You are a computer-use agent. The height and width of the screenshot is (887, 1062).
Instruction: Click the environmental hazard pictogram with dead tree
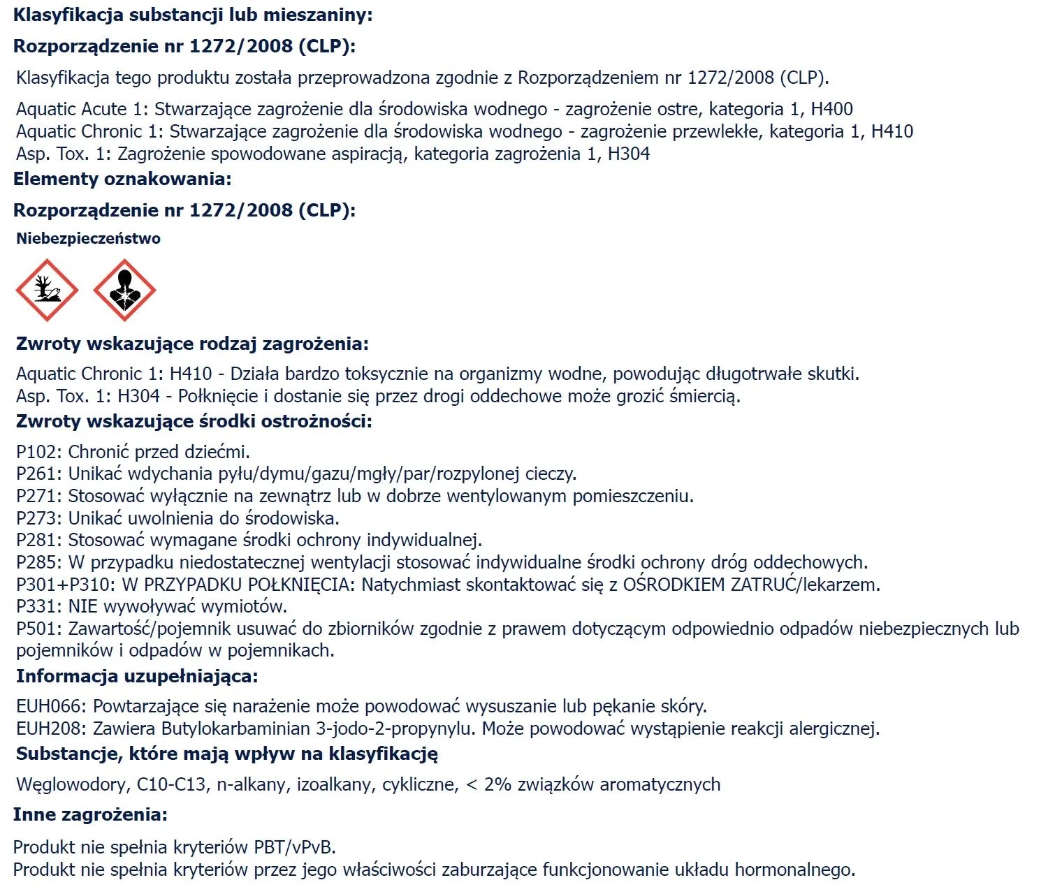point(47,290)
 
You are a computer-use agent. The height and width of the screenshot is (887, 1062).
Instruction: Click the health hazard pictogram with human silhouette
point(124,290)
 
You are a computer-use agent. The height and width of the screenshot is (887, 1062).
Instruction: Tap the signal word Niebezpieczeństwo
point(88,239)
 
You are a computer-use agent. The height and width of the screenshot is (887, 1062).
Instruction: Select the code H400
point(831,109)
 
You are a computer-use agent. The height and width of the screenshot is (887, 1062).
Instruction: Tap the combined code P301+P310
point(66,585)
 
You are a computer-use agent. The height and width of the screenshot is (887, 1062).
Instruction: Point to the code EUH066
point(50,707)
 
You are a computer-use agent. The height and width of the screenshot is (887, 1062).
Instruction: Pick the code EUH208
point(50,729)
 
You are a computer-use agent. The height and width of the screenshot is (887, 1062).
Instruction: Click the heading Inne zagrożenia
point(90,814)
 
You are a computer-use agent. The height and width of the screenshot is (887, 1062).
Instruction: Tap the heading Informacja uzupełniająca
point(137,676)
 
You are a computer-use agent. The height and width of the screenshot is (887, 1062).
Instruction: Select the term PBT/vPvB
point(294,848)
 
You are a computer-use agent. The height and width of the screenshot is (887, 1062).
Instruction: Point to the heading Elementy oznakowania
point(122,179)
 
